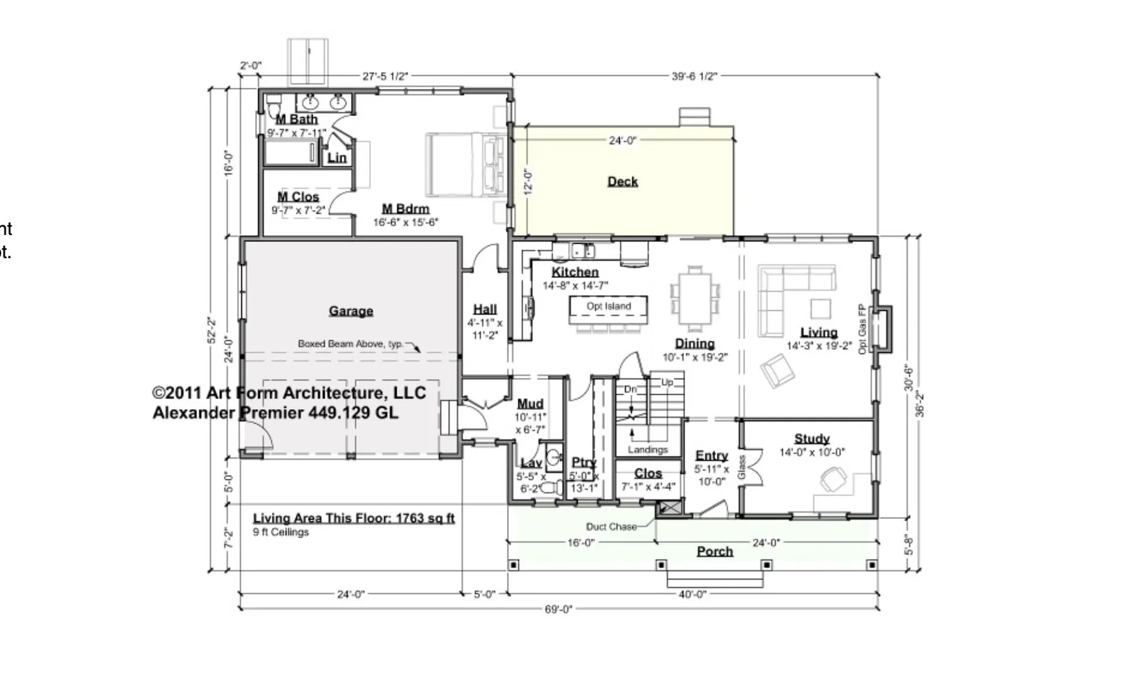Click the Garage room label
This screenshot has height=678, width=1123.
tap(350, 311)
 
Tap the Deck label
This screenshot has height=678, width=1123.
tap(622, 181)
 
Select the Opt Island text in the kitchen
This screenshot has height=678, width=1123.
tap(608, 306)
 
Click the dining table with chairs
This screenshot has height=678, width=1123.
tap(695, 299)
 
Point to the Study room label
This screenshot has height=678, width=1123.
tap(812, 438)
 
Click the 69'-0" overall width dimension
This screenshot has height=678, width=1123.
tap(558, 609)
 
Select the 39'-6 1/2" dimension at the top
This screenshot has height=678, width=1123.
tap(694, 76)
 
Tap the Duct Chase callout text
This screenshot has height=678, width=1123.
tap(611, 526)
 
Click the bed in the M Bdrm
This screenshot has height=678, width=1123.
tap(465, 165)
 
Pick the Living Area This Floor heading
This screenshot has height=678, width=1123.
tap(353, 518)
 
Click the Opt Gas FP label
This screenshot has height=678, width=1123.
tap(862, 329)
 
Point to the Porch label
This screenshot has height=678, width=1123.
tap(715, 551)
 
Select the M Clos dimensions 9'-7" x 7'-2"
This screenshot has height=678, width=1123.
tap(298, 211)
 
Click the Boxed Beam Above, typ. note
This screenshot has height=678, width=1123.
tap(350, 344)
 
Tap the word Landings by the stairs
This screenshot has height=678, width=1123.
tap(647, 449)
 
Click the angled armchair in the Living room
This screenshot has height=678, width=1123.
tap(777, 371)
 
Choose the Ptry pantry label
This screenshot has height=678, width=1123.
tap(583, 462)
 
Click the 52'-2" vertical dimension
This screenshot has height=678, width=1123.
tap(212, 331)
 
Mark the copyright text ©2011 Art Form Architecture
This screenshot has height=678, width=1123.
tap(289, 393)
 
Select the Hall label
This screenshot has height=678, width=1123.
tap(485, 309)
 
